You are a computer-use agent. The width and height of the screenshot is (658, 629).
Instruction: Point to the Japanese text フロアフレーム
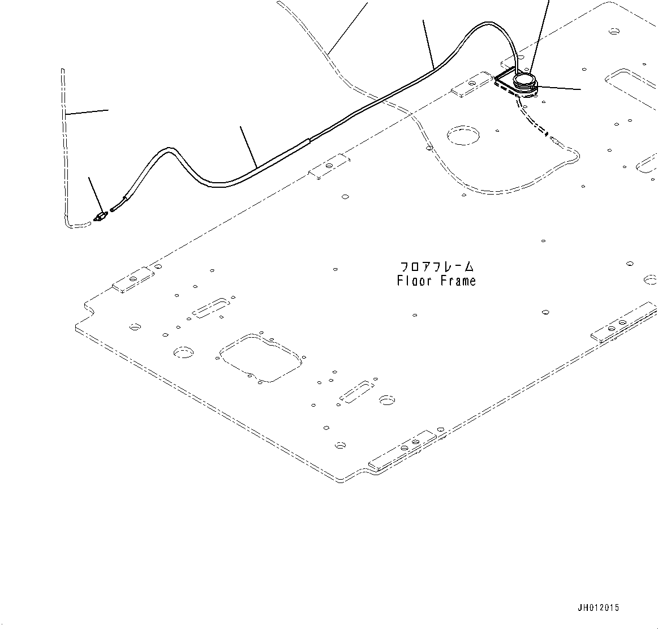click(436, 266)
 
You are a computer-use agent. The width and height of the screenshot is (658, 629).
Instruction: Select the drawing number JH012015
click(598, 608)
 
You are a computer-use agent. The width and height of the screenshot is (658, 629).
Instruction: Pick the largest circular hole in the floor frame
click(463, 135)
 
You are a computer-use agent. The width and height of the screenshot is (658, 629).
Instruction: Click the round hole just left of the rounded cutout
click(183, 352)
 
